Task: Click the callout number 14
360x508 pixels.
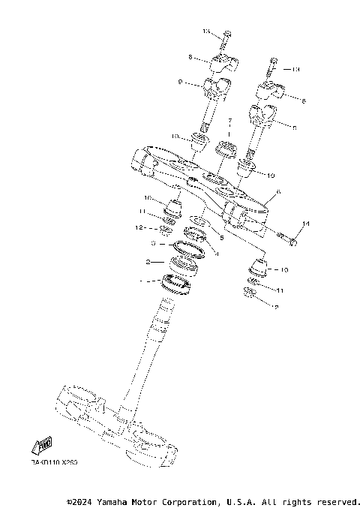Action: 305,224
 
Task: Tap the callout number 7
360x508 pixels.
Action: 230,121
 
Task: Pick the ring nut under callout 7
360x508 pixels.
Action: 226,146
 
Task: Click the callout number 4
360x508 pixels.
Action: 217,253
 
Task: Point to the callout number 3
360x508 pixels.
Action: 153,244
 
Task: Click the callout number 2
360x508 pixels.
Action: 148,262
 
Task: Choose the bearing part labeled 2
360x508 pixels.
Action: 184,265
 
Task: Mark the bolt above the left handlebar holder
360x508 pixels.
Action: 226,35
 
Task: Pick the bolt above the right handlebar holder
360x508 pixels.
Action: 274,63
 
